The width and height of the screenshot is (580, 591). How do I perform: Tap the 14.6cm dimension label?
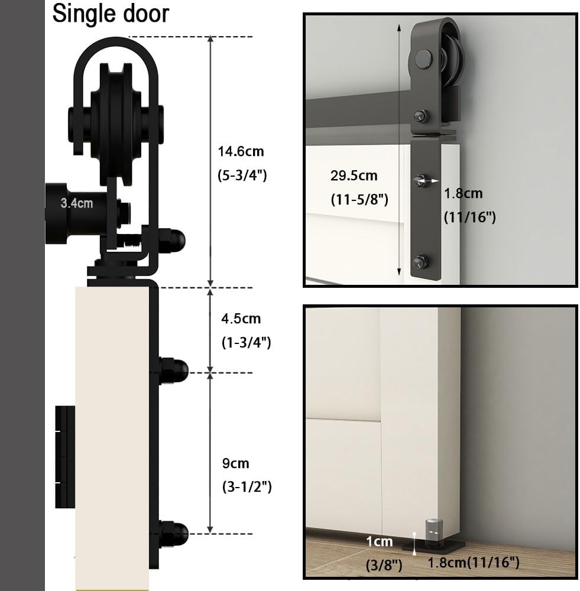pyautogui.click(x=241, y=151)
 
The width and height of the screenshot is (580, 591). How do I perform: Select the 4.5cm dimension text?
pyautogui.click(x=241, y=319)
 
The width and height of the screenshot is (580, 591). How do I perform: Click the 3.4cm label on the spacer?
pyautogui.click(x=76, y=203)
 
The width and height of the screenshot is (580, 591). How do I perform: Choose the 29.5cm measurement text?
pyautogui.click(x=354, y=176)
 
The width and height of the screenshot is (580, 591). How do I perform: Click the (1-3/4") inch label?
pyautogui.click(x=245, y=342)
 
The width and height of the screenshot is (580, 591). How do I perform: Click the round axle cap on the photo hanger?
pyautogui.click(x=423, y=59)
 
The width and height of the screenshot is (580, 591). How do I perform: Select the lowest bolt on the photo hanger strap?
pyautogui.click(x=420, y=260)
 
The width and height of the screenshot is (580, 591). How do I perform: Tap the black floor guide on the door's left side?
pyautogui.click(x=65, y=457)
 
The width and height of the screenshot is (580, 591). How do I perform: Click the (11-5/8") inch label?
pyautogui.click(x=359, y=200)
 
